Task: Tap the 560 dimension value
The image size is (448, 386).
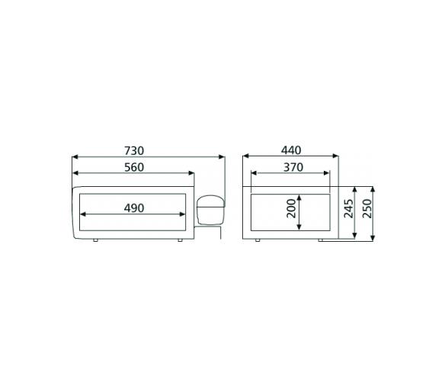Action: [x=133, y=167]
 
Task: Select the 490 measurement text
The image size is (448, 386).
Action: [x=133, y=207]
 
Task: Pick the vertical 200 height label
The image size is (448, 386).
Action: [x=292, y=210]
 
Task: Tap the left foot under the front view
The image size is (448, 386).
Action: [x=95, y=241]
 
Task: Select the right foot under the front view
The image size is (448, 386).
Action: [x=179, y=241]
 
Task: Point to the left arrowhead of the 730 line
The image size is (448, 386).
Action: [x=74, y=158]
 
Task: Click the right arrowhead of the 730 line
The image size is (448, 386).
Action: [x=222, y=158]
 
